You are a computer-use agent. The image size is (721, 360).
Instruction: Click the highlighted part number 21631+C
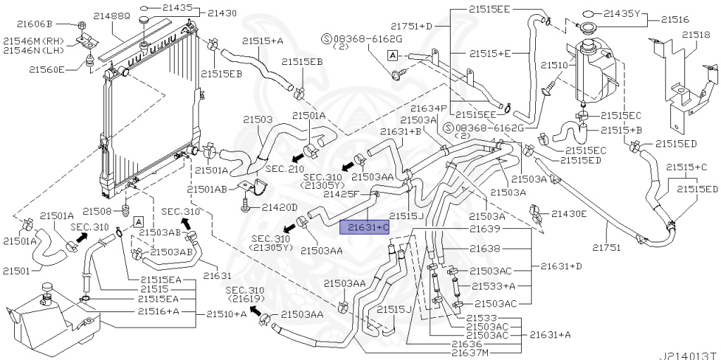(364, 227)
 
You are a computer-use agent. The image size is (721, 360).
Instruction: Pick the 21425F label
(341, 193)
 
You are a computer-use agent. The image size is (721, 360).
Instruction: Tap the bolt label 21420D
(280, 207)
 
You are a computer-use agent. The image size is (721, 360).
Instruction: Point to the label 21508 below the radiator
(97, 211)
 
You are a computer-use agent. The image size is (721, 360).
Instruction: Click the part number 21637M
(470, 352)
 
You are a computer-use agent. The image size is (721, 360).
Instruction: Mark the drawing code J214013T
(687, 354)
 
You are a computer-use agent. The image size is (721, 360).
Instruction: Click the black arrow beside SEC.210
(299, 154)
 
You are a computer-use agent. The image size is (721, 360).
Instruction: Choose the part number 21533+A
(494, 285)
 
